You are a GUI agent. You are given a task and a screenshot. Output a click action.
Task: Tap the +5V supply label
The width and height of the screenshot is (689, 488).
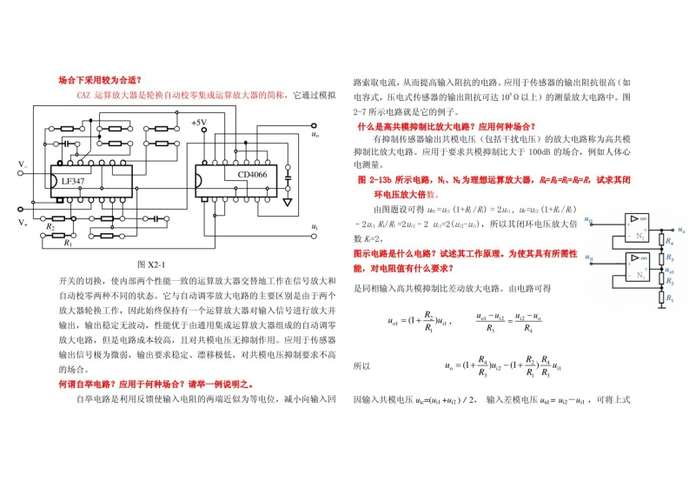click(x=199, y=124)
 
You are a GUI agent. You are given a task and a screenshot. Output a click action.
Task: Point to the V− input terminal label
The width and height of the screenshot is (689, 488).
click(x=23, y=163)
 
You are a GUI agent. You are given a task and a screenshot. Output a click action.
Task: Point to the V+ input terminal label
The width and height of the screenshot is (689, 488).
click(x=23, y=224)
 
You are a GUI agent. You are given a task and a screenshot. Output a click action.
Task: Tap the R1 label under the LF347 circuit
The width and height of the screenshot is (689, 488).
click(x=68, y=244)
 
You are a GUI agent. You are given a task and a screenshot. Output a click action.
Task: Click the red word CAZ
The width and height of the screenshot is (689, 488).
click(x=83, y=94)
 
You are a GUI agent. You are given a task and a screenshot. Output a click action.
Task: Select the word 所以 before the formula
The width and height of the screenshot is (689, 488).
click(x=361, y=366)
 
